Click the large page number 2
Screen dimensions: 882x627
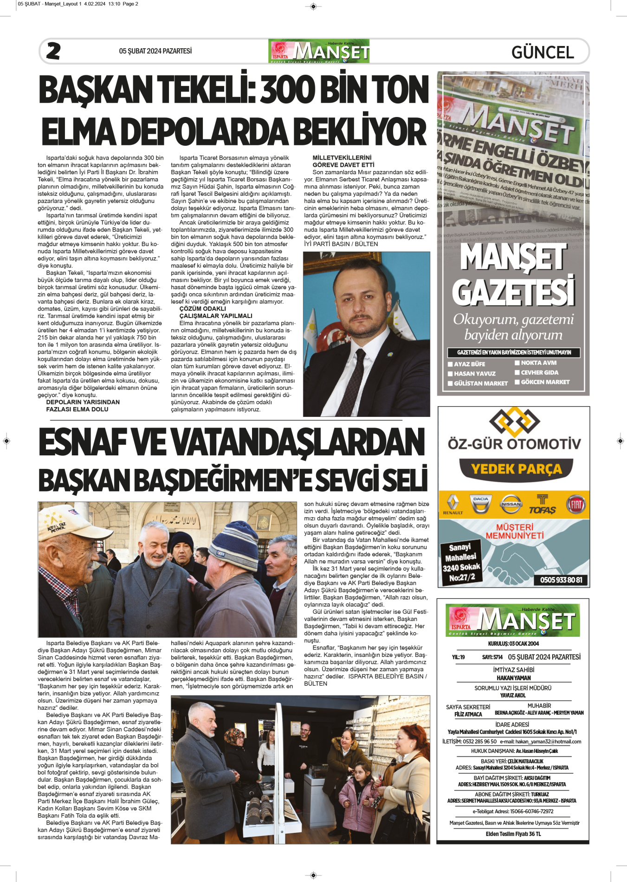53,51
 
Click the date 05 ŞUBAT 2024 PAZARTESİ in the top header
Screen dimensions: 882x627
155,51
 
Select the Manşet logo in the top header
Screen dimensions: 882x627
319,51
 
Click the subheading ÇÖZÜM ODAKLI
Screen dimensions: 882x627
203,309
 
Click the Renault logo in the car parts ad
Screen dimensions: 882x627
452,505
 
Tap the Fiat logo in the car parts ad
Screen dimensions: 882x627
575,504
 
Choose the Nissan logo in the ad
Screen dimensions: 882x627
511,504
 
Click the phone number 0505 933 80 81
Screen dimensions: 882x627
561,580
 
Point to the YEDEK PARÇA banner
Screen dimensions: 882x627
516,469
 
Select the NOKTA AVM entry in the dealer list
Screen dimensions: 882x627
538,363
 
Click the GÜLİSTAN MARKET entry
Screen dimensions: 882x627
480,383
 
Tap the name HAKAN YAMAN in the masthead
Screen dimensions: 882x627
513,678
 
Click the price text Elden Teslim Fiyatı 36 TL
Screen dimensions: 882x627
513,847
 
